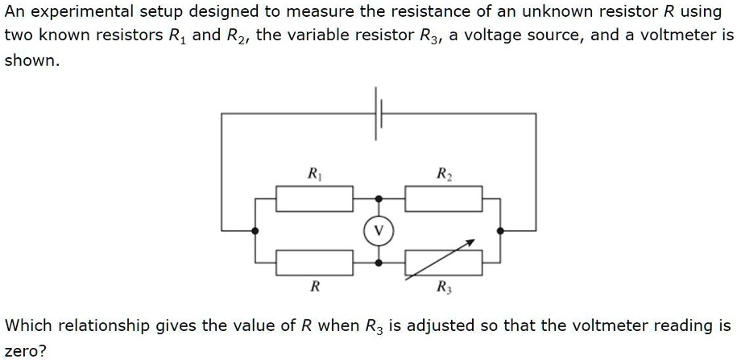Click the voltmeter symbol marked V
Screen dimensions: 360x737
point(379,230)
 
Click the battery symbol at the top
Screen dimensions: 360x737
point(378,114)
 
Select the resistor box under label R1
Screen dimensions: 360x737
point(314,198)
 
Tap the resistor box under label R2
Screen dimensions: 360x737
point(444,198)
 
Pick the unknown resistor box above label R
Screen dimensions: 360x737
point(314,263)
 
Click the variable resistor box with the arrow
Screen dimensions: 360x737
point(444,263)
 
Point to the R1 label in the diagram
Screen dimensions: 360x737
point(313,173)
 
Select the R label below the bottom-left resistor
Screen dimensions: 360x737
point(315,287)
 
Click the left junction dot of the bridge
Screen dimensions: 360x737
point(255,230)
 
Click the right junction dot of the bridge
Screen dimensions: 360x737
point(501,230)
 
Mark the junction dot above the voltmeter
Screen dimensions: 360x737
point(379,198)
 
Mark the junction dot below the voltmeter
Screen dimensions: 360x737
point(379,263)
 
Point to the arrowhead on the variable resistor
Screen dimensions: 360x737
point(473,242)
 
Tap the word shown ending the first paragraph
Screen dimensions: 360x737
point(30,61)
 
